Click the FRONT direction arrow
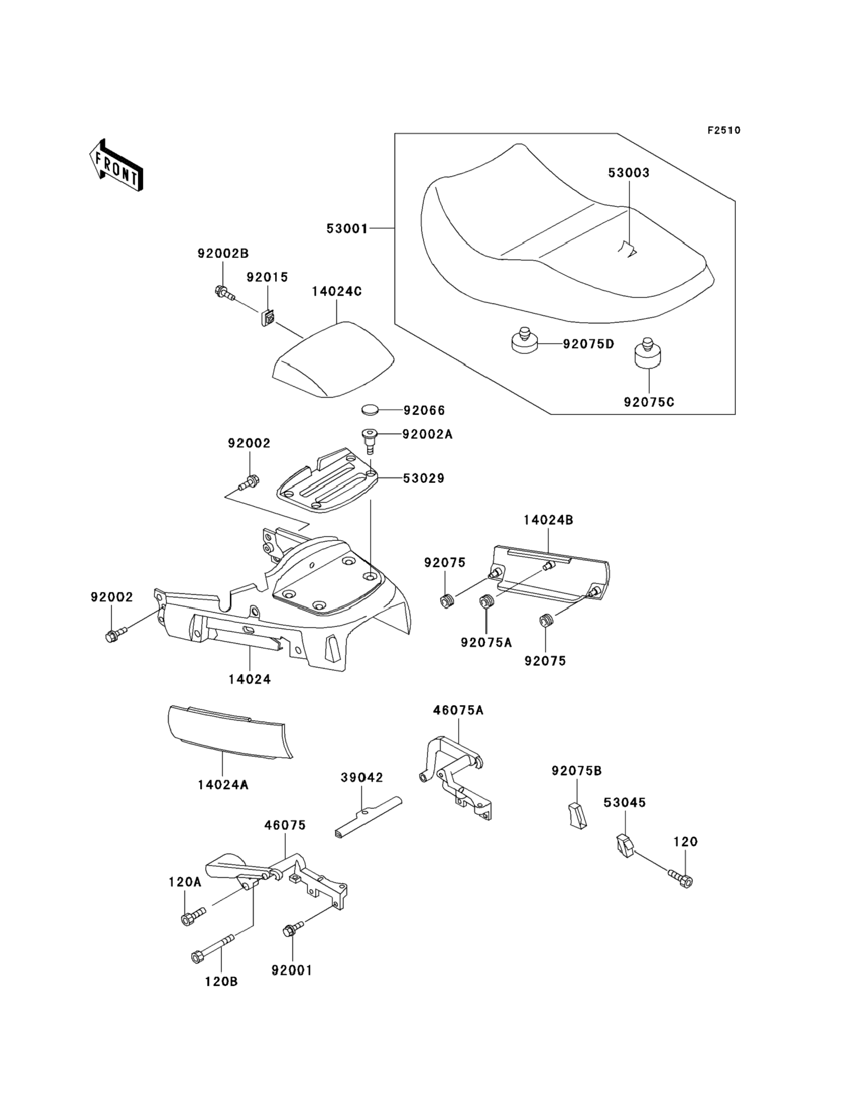(116, 166)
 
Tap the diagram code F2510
(723, 130)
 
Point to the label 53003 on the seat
(628, 173)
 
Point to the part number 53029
(424, 478)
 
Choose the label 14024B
(548, 520)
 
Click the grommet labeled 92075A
(487, 603)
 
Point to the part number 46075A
(458, 710)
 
